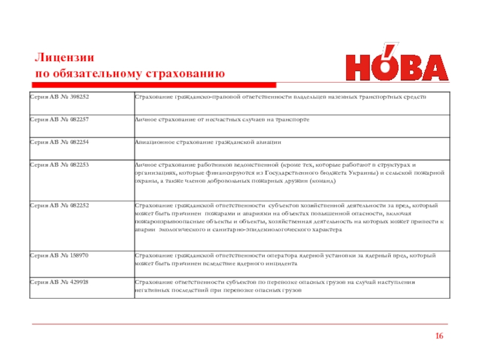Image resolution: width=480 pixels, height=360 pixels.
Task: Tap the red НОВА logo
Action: [x=397, y=64]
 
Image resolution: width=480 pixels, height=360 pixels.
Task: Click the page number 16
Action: [x=440, y=335]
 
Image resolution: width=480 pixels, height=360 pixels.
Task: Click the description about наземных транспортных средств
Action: [x=281, y=97]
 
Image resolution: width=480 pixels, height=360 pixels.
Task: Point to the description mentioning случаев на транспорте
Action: [x=223, y=120]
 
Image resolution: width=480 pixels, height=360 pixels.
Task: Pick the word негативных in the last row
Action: [x=151, y=290]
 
